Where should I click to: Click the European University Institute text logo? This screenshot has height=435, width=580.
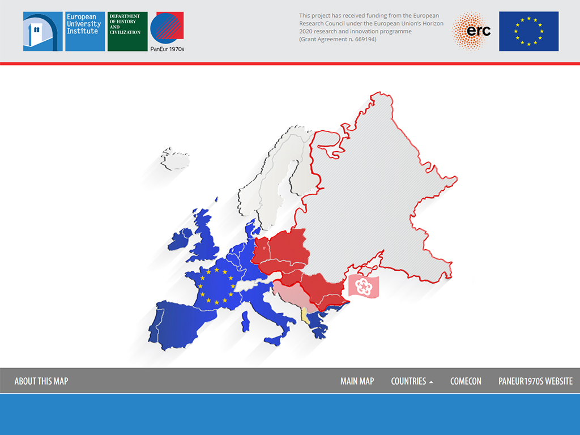coord(85,32)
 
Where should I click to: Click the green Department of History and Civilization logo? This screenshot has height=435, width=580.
coord(127,32)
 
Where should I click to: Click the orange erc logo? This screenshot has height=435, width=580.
coord(471,31)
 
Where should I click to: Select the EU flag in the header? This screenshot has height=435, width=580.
coord(528,31)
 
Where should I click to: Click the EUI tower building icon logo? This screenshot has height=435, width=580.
coord(43,32)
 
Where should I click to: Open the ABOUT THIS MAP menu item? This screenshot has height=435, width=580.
coord(41,381)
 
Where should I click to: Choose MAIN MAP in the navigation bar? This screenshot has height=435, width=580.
coord(357,381)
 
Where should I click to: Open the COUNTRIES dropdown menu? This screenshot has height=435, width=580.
coord(412,381)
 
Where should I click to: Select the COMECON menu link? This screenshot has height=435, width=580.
coord(466,381)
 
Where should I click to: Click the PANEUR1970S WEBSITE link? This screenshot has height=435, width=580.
coord(536,381)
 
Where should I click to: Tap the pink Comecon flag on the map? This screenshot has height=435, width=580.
coord(364,286)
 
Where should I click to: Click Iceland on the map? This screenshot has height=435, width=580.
coord(175,159)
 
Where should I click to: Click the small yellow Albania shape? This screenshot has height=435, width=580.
coord(304,315)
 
